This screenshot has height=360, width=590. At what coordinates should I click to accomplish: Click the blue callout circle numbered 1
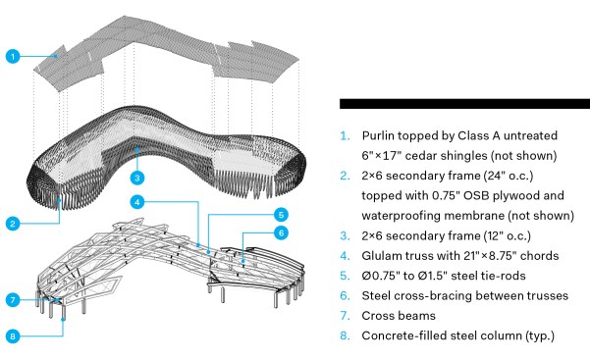(x=13, y=57)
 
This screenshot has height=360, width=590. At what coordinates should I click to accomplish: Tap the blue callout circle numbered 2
(x=13, y=224)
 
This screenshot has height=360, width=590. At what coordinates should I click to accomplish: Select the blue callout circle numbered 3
(x=137, y=178)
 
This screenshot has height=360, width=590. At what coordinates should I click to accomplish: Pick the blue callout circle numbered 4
(x=137, y=202)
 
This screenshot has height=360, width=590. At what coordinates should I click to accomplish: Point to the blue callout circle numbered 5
(x=281, y=215)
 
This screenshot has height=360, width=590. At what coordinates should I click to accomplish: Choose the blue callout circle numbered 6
(x=281, y=232)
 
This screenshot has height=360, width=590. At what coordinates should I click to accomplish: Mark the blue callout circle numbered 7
(x=13, y=300)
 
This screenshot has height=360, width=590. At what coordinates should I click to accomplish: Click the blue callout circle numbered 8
(x=13, y=335)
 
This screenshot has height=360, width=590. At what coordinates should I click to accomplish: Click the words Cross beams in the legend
(x=399, y=316)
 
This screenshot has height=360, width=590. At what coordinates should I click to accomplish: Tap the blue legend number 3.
(x=345, y=235)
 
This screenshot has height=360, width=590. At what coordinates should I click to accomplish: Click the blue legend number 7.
(x=345, y=316)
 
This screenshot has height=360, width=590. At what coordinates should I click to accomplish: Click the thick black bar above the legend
(x=464, y=104)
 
